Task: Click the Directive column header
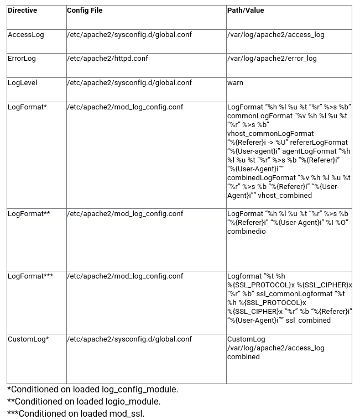click(x=22, y=11)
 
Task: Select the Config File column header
click(x=85, y=11)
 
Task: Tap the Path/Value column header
click(x=246, y=11)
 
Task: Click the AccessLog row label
click(x=25, y=35)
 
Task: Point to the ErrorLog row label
click(x=23, y=59)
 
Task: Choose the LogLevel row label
click(x=23, y=83)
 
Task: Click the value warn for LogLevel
click(x=235, y=83)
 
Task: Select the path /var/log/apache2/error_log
click(x=272, y=59)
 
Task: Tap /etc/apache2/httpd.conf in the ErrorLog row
click(x=107, y=59)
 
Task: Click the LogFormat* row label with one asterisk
click(x=27, y=107)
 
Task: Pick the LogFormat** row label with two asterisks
click(x=29, y=214)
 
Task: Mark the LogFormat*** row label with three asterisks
click(x=30, y=276)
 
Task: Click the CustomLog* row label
click(x=28, y=339)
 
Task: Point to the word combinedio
click(x=246, y=232)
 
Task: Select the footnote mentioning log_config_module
click(x=92, y=390)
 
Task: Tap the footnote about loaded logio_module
click(x=84, y=402)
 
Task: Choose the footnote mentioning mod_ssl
click(x=75, y=414)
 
